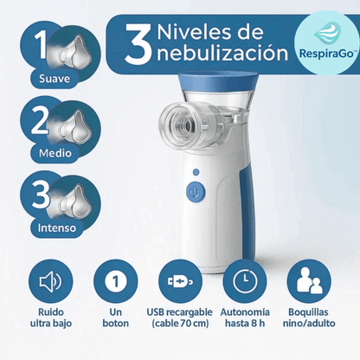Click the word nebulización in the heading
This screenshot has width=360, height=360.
221,54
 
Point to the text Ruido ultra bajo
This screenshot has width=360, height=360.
50,318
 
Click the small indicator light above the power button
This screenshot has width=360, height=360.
196,172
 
